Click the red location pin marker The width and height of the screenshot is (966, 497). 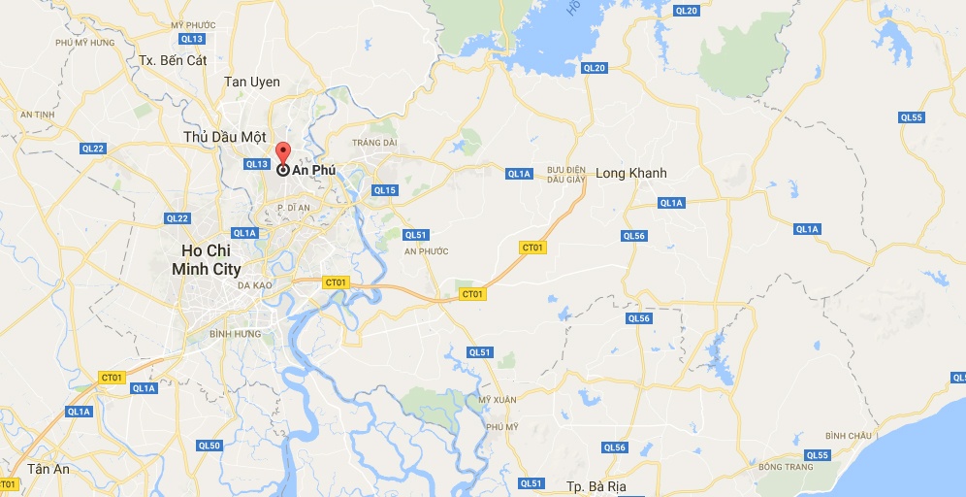[282, 154]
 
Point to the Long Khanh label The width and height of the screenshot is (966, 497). [630, 173]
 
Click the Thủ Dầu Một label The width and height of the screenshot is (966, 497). [224, 138]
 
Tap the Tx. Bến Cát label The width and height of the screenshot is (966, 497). [173, 60]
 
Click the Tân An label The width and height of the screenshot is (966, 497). [48, 469]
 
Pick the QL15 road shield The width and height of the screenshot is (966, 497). [384, 190]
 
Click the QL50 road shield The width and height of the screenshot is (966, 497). [209, 446]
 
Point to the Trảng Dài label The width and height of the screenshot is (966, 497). [374, 143]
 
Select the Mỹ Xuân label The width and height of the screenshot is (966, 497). [498, 400]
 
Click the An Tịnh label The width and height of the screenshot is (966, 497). [38, 114]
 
